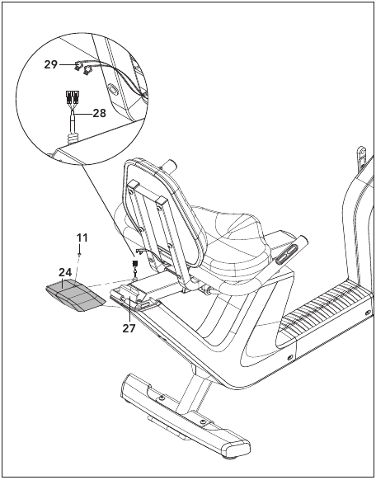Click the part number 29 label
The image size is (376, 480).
point(51,64)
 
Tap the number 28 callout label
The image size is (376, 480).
point(99,113)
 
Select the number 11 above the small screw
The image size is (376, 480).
point(82,238)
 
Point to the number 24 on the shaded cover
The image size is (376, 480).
point(65,272)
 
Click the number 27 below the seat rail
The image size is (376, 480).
point(129,328)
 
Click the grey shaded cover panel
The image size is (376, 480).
point(76,295)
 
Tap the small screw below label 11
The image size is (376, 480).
point(79,254)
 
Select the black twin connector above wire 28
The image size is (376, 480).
point(72,96)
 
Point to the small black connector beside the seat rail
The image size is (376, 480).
point(134,263)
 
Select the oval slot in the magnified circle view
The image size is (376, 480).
point(112,90)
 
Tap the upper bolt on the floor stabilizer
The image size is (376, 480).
point(162,398)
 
